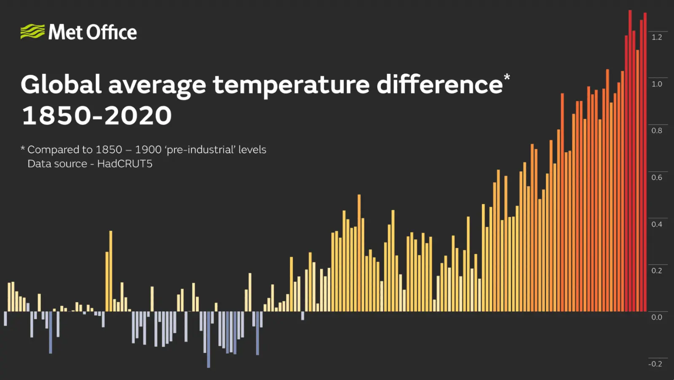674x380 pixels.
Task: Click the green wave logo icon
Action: pos(32,32)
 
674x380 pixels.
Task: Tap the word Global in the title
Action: pos(61,84)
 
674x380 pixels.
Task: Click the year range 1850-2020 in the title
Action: pos(97,116)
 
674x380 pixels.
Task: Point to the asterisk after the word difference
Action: pos(507,77)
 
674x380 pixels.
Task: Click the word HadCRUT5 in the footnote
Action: pos(125,164)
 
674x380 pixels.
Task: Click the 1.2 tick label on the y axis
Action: pos(657,37)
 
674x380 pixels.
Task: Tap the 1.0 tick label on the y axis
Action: pos(657,84)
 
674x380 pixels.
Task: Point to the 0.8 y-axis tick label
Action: pos(657,131)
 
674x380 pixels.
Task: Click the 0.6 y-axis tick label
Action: pos(657,178)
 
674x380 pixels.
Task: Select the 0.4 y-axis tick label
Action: pos(657,224)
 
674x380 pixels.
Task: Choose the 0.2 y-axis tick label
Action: pos(657,271)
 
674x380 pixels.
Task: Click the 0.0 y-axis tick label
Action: pos(657,317)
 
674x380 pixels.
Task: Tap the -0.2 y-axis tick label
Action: pos(655,364)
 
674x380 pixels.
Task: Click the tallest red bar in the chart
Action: pos(630,160)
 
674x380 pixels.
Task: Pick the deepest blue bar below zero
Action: pos(209,340)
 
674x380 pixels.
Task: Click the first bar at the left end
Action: pos(5,318)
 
